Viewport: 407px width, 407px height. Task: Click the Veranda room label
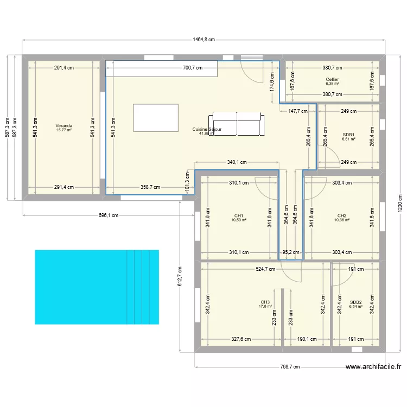pos(64,126)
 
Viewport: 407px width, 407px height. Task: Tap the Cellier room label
pos(333,79)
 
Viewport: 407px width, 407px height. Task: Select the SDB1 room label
pos(348,135)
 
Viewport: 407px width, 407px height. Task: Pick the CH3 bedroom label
pos(265,302)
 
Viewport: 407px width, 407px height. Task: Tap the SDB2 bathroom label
pos(355,302)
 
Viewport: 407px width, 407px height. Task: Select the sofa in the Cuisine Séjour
pos(237,125)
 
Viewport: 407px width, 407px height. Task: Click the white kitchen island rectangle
pos(156,117)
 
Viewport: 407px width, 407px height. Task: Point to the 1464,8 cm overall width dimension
pos(204,39)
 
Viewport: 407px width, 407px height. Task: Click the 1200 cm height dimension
pos(400,204)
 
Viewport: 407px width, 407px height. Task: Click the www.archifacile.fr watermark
pos(374,367)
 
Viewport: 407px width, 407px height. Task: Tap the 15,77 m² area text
pos(64,130)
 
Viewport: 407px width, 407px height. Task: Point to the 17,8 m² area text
pos(265,307)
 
